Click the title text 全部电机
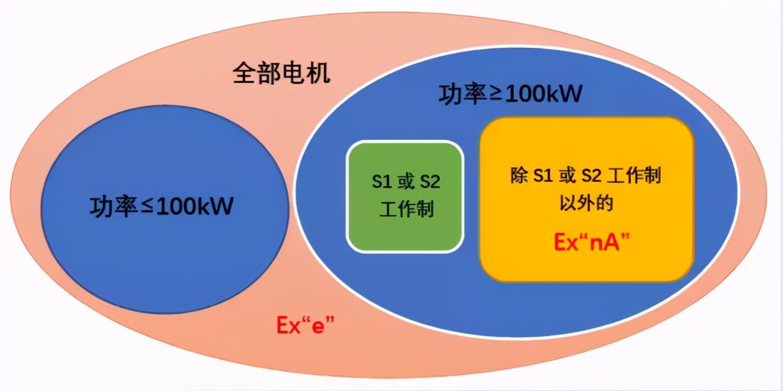coord(281,73)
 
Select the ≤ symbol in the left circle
coord(147,206)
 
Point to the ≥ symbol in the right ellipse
coord(496,94)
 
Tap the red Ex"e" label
coord(305,325)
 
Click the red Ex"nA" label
coord(591,241)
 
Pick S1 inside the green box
coord(382,182)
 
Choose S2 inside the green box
coord(430,182)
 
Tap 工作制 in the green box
coord(406,209)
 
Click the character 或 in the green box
coord(405,182)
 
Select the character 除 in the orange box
coord(519,175)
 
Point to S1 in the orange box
coord(543,176)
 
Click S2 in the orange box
coord(591,176)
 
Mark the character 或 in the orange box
coord(567,175)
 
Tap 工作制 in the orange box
coord(634,175)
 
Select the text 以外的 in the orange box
coord(586,203)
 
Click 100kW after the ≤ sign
coord(195,206)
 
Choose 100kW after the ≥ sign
coord(543,94)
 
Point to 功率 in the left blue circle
coord(113,207)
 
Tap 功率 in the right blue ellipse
coord(462,94)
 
